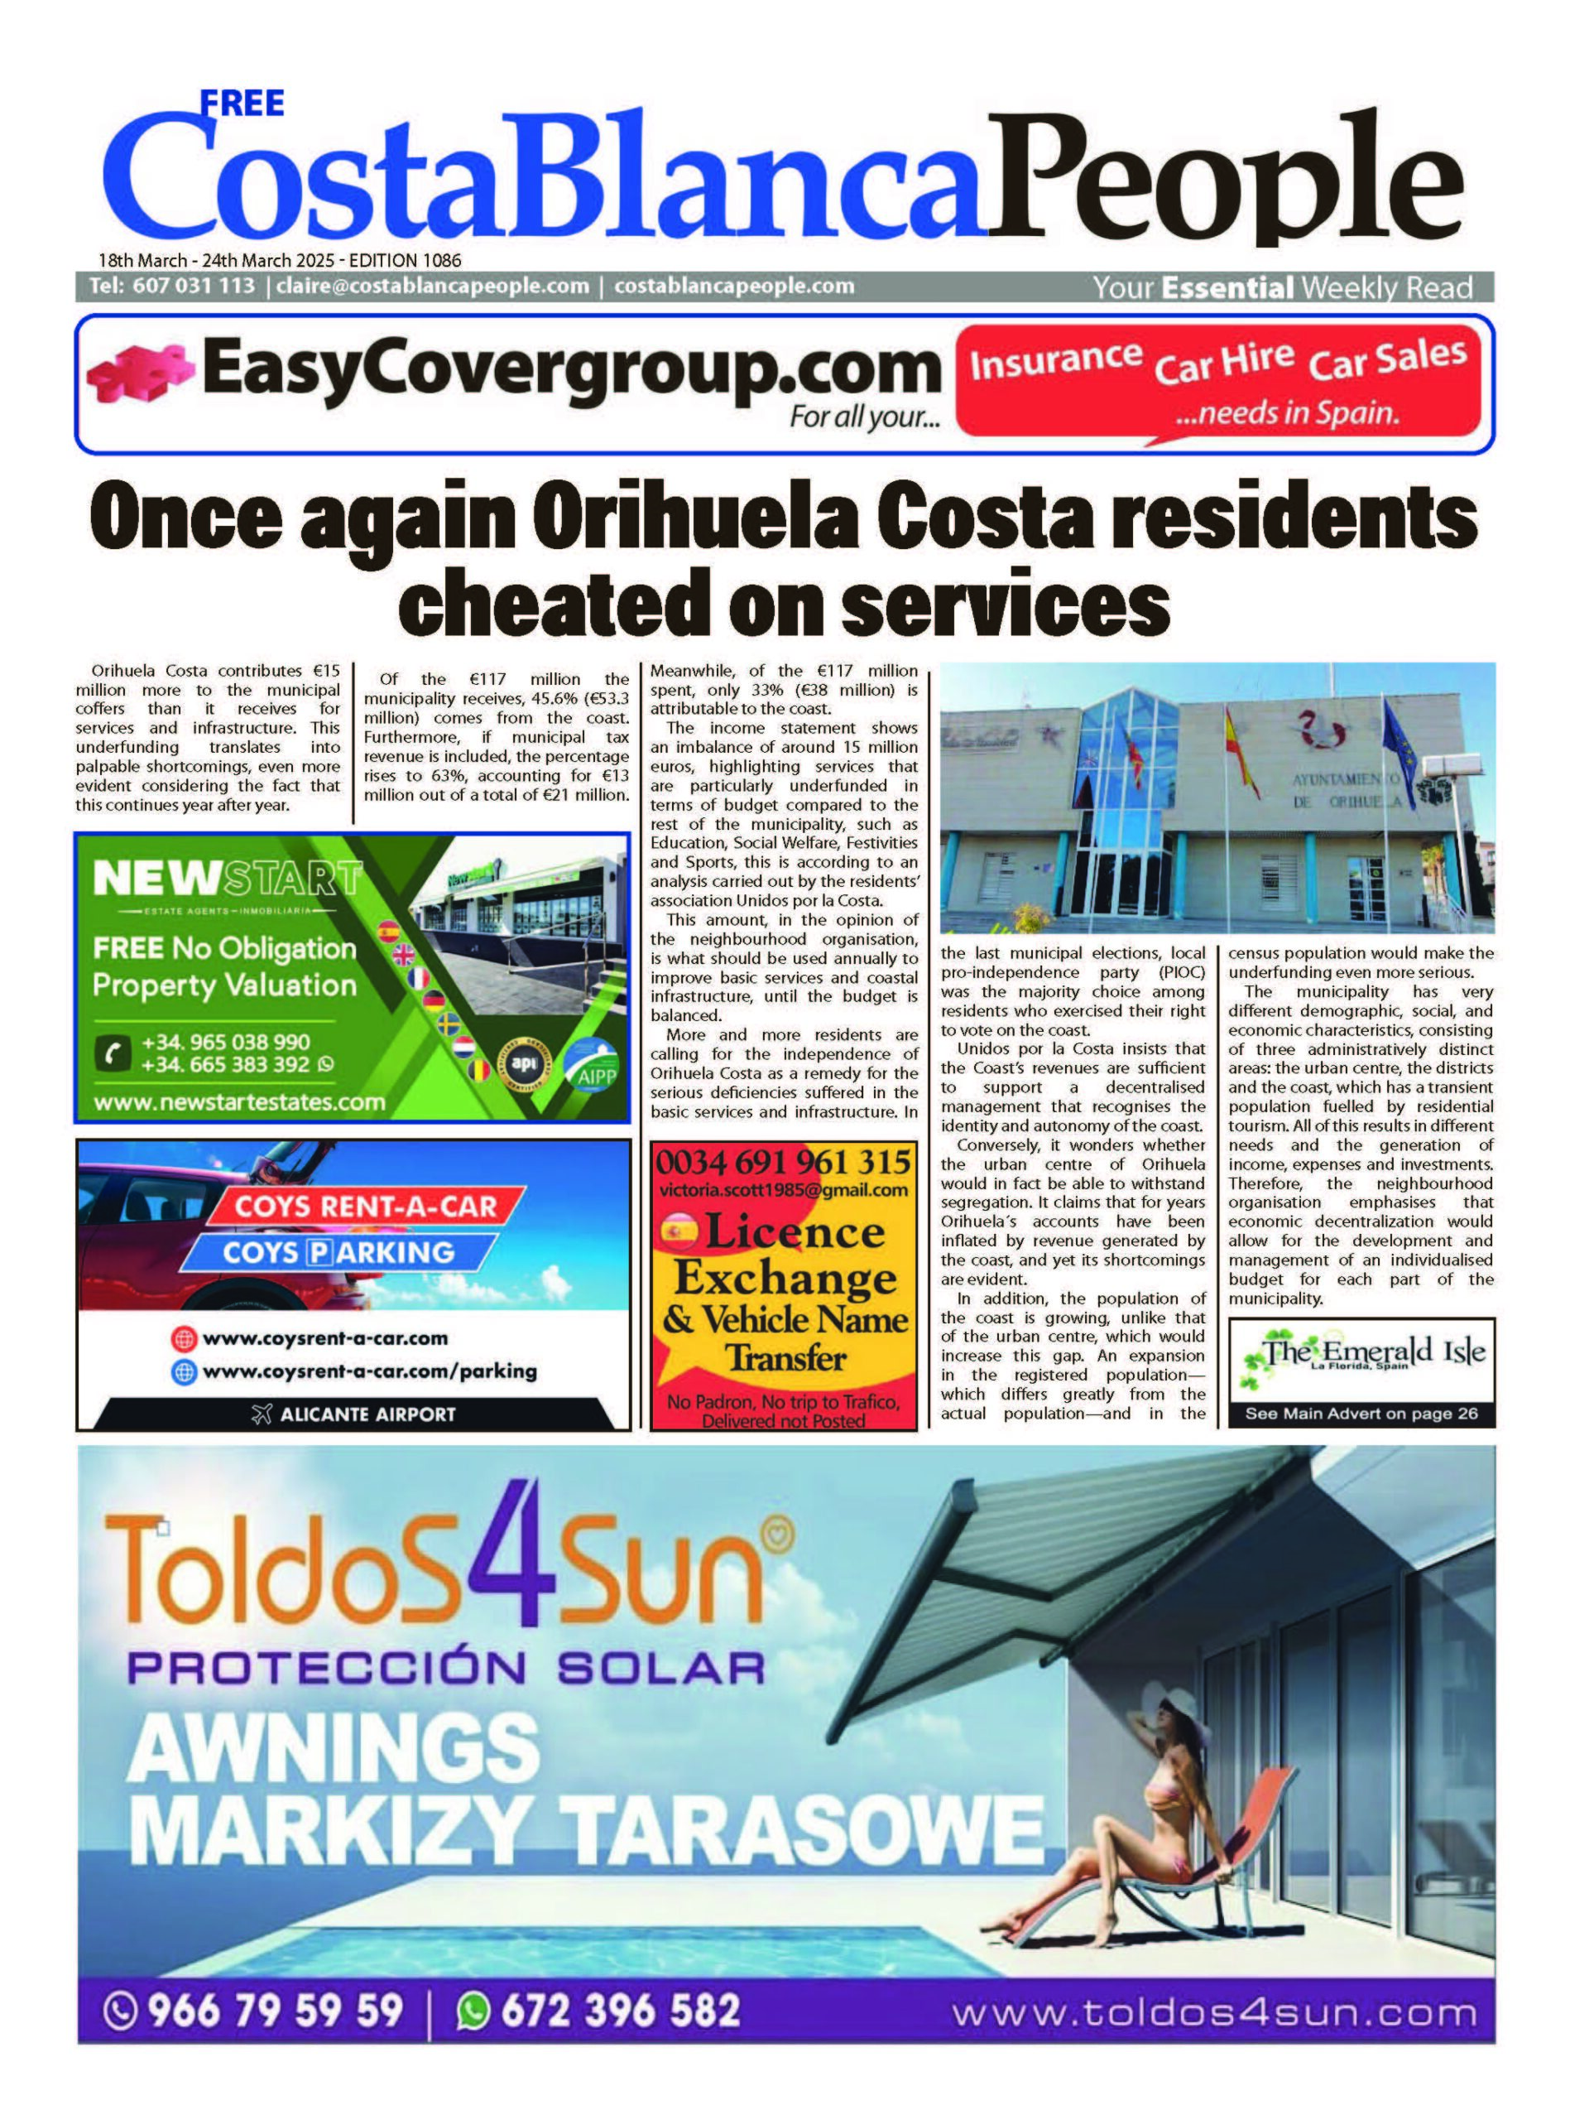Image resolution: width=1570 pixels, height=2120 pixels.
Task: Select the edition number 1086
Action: point(440,259)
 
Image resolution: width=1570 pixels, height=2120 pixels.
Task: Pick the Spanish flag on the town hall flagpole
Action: point(1241,751)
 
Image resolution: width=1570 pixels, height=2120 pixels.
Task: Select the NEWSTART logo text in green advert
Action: point(227,878)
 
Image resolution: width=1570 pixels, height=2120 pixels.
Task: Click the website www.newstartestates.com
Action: point(239,1103)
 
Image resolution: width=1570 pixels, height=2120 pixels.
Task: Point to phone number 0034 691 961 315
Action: point(783,1163)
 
